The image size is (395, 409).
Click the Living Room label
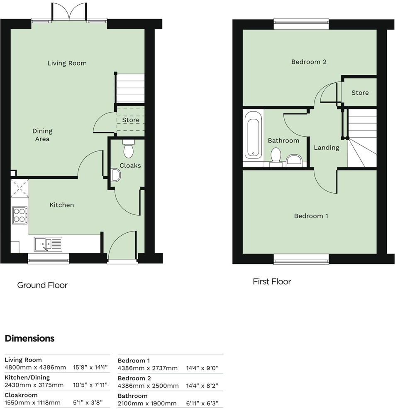[67, 63]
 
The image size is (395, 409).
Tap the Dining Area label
[42, 135]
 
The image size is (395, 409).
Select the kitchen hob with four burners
[20, 215]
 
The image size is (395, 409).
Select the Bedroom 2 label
[309, 62]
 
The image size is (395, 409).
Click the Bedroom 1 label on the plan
[311, 216]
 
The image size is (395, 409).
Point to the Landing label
[326, 148]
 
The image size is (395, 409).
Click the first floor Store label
[360, 93]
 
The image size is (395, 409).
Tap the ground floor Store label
[131, 120]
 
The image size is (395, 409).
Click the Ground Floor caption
[42, 285]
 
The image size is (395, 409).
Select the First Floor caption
[272, 282]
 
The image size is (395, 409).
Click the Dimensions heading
[29, 338]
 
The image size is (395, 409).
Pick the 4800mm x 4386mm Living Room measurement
[35, 367]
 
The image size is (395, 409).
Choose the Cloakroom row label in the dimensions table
[21, 395]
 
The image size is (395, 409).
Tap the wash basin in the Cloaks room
[115, 176]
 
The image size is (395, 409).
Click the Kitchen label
[62, 205]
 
